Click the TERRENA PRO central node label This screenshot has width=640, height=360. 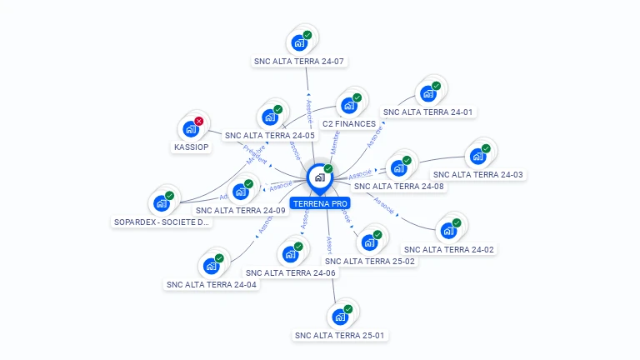click(320, 202)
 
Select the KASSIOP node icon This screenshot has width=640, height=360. click(191, 129)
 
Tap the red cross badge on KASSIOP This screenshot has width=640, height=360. click(199, 121)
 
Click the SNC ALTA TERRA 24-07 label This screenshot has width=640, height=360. click(299, 61)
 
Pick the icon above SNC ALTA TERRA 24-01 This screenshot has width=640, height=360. click(428, 92)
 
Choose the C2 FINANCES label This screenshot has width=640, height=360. click(349, 123)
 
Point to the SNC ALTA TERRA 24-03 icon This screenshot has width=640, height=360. click(477, 156)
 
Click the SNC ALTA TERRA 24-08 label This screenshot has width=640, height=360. click(404, 186)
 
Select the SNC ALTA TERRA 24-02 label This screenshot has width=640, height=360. click(448, 249)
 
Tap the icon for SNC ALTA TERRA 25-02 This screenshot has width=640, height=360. click(369, 242)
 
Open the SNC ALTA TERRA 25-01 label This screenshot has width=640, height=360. click(340, 335)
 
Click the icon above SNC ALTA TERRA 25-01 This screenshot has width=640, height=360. click(340, 317)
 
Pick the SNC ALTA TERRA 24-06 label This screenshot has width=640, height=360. click(291, 272)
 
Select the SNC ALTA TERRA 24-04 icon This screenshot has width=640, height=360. click(212, 266)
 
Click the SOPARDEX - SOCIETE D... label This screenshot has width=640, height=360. click(162, 222)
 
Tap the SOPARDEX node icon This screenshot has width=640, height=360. click(162, 203)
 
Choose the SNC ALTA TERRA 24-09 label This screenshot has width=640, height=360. click(241, 210)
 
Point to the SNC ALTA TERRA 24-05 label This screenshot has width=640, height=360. click(270, 135)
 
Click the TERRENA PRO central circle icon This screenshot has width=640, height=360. click(320, 177)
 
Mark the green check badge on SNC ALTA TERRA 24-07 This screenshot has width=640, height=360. click(307, 34)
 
